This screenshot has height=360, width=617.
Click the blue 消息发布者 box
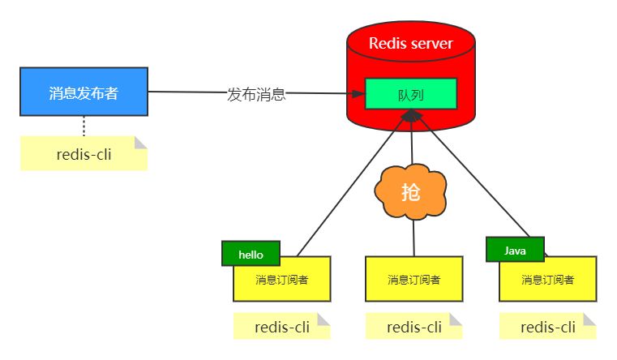click(x=84, y=92)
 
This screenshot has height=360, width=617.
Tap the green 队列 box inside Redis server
click(x=411, y=94)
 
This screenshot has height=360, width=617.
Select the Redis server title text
click(x=411, y=43)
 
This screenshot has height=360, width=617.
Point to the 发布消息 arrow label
click(x=256, y=94)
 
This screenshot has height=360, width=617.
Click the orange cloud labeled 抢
click(x=411, y=192)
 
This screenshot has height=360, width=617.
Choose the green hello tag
click(x=251, y=254)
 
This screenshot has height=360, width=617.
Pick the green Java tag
click(x=515, y=251)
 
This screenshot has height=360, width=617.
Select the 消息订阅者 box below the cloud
click(x=413, y=279)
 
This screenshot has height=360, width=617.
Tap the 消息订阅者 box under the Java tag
click(x=548, y=281)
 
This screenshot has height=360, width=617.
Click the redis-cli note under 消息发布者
click(x=84, y=154)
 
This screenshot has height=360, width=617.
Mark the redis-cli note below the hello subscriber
click(x=282, y=328)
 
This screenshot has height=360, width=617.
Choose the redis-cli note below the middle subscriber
click(x=413, y=328)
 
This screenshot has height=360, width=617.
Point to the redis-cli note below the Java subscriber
click(x=548, y=328)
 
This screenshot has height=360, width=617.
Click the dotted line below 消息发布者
click(x=84, y=126)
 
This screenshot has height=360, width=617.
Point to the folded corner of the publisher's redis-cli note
click(x=142, y=143)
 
